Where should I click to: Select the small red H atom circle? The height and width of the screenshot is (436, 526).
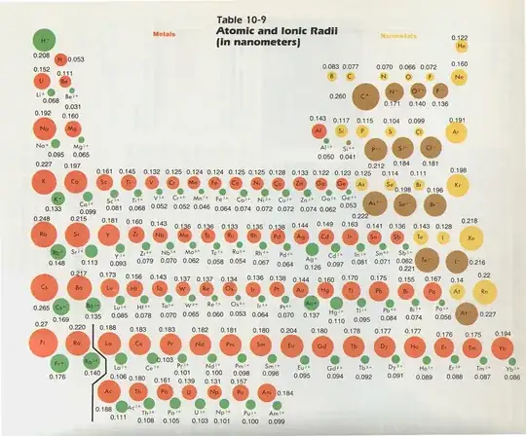click(x=61, y=59)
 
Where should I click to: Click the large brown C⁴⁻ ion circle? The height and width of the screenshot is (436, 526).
click(x=368, y=95)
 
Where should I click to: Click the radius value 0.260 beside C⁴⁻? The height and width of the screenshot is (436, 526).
click(x=338, y=95)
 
